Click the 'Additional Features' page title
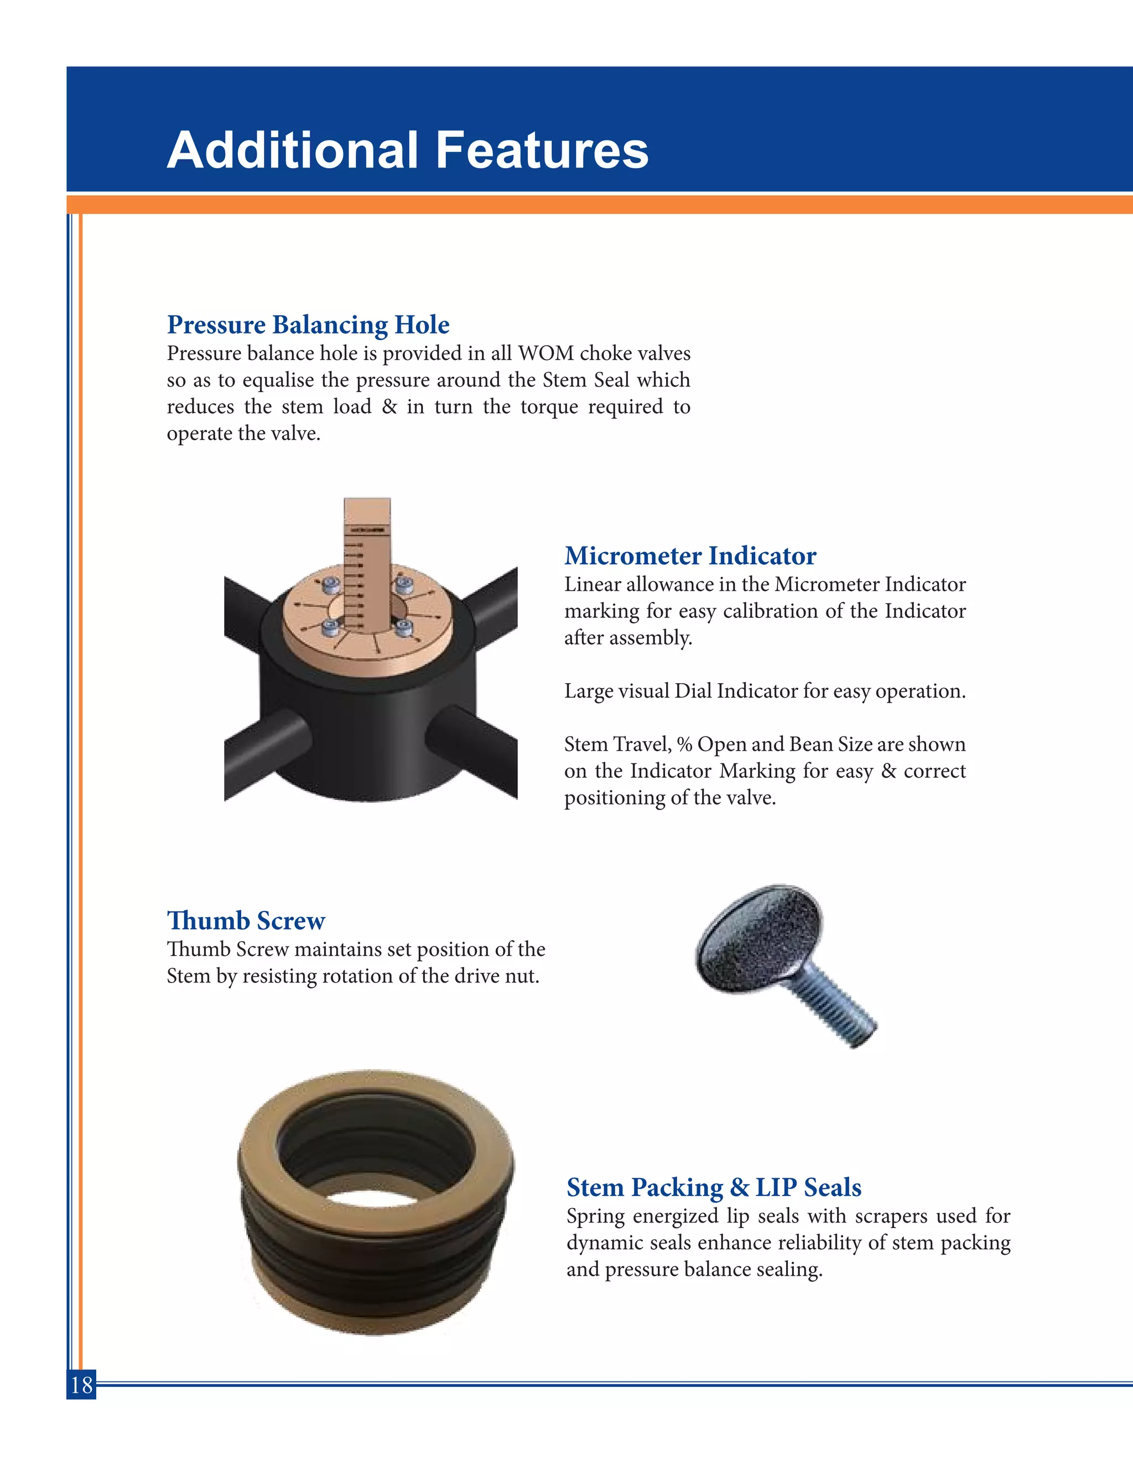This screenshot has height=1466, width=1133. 407,150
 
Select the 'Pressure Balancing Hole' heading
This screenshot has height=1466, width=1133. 308,325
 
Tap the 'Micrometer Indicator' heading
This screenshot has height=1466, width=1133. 690,556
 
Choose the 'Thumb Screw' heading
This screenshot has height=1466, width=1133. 246,921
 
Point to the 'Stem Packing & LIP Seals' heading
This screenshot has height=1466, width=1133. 714,1187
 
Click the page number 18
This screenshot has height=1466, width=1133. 81,1385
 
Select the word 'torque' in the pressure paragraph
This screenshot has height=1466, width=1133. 549,408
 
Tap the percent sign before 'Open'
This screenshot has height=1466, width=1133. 684,745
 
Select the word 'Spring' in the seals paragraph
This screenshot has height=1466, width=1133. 595,1217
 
